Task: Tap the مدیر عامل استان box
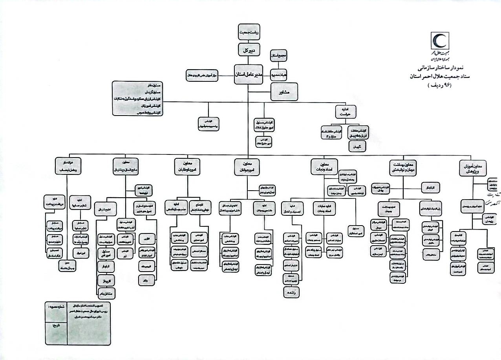251,74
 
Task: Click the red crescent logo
441,42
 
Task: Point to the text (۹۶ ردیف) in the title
440,86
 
